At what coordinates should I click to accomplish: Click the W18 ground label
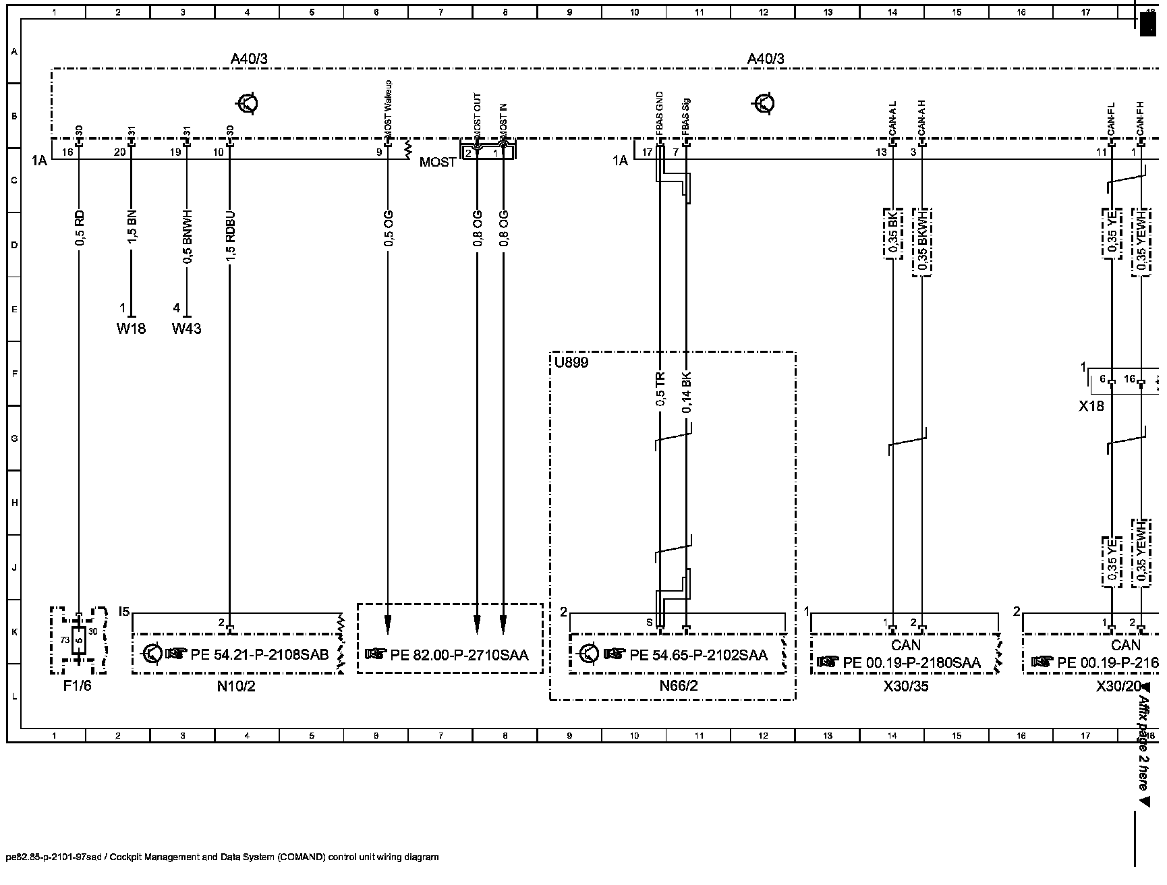click(x=131, y=329)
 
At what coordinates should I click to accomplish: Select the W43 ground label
click(x=186, y=329)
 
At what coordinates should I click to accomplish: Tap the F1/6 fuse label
click(x=78, y=687)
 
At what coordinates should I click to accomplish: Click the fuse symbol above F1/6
click(x=79, y=640)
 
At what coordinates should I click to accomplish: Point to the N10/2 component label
click(x=236, y=687)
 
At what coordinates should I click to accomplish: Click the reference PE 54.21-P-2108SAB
click(x=259, y=654)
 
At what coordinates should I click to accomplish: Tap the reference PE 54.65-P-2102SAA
click(x=698, y=654)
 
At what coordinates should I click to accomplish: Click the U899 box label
click(x=571, y=363)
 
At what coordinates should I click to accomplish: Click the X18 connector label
click(x=1091, y=406)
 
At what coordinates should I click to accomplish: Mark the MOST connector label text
click(x=437, y=163)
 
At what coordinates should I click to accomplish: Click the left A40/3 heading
click(x=249, y=59)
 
